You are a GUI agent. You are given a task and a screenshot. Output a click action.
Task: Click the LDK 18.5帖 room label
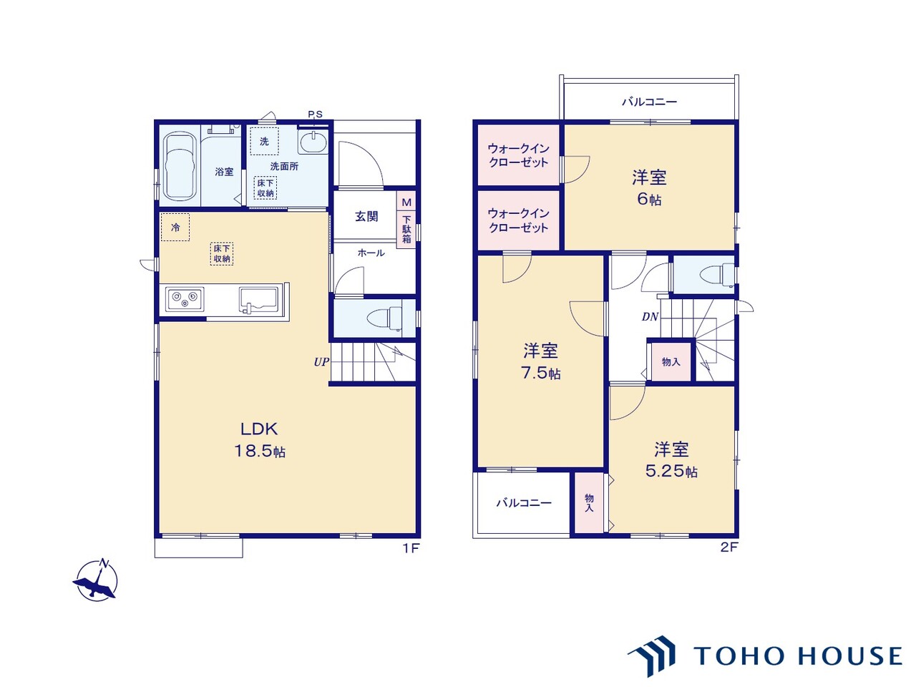pos(260,439)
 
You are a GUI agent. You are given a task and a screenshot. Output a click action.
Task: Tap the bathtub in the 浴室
pos(180,167)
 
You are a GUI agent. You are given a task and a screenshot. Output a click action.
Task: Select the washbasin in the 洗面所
pos(313,142)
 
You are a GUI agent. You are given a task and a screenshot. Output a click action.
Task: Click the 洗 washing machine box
pos(264,142)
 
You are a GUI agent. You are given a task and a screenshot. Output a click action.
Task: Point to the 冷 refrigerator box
pos(175,228)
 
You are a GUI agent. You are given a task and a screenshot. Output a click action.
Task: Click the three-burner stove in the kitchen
pos(185,299)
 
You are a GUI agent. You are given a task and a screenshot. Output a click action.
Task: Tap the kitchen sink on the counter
pos(259,299)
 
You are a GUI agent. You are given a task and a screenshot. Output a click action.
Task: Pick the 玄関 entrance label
pos(366,216)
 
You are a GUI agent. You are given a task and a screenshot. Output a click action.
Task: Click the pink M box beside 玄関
pos(406,203)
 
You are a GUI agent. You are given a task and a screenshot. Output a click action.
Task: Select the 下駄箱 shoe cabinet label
pos(406,230)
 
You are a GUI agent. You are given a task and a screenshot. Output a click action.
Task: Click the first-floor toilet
pos(384,318)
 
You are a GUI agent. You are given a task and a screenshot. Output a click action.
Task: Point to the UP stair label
pos(321,362)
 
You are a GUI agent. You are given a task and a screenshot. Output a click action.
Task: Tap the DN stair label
pos(650,317)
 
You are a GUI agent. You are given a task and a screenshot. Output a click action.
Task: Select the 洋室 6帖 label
pos(649,188)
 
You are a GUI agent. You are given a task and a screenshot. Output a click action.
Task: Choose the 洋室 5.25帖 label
pos(671,460)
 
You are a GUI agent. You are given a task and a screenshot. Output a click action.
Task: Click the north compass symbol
pos(97,580)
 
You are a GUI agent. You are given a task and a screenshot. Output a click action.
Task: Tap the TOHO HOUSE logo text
pos(797,656)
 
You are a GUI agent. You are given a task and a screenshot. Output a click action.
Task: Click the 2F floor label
pos(729,547)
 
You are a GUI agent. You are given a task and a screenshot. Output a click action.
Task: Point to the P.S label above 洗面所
pos(315,114)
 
